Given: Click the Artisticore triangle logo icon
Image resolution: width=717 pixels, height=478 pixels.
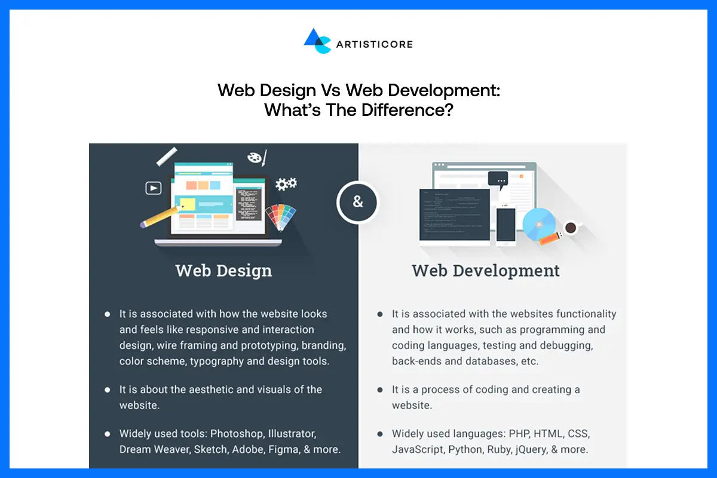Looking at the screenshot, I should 317,41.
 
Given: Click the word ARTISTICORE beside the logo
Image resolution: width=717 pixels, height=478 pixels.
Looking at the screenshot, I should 374,44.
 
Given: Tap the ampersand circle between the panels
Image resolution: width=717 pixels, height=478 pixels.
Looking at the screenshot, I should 358,202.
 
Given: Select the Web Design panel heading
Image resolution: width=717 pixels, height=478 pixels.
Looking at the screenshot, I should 223,271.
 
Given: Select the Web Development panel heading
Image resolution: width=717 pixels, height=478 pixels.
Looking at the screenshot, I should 486,271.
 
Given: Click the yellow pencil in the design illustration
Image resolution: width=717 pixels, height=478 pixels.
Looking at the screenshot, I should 160,216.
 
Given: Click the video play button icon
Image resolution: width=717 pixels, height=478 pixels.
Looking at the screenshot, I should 154,188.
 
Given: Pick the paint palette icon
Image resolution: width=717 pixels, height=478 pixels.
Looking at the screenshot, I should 256,158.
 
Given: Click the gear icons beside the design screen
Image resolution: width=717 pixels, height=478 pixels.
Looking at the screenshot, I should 286,184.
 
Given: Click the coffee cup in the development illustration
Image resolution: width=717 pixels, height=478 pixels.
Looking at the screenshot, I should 571,227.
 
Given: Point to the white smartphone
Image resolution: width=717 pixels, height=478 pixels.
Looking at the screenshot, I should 505,225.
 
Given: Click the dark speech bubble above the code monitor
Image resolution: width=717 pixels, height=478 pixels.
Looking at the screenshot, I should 498,178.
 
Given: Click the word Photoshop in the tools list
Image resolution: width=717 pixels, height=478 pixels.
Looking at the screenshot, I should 237,433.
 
